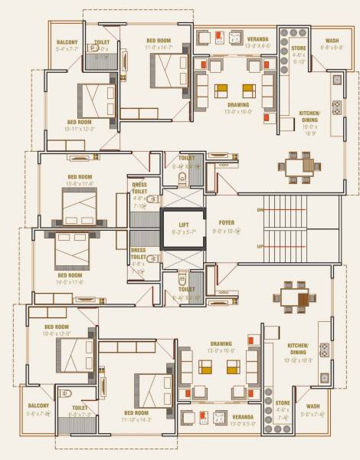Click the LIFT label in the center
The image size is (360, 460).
(184, 223)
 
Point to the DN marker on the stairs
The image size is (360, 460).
(260, 209)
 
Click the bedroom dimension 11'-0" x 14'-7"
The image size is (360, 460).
(158, 48)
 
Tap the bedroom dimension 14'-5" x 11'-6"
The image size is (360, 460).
(69, 281)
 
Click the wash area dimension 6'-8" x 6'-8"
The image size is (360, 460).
(332, 47)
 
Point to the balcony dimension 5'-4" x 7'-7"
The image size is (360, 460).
(67, 48)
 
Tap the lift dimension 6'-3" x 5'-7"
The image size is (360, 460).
(184, 231)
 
